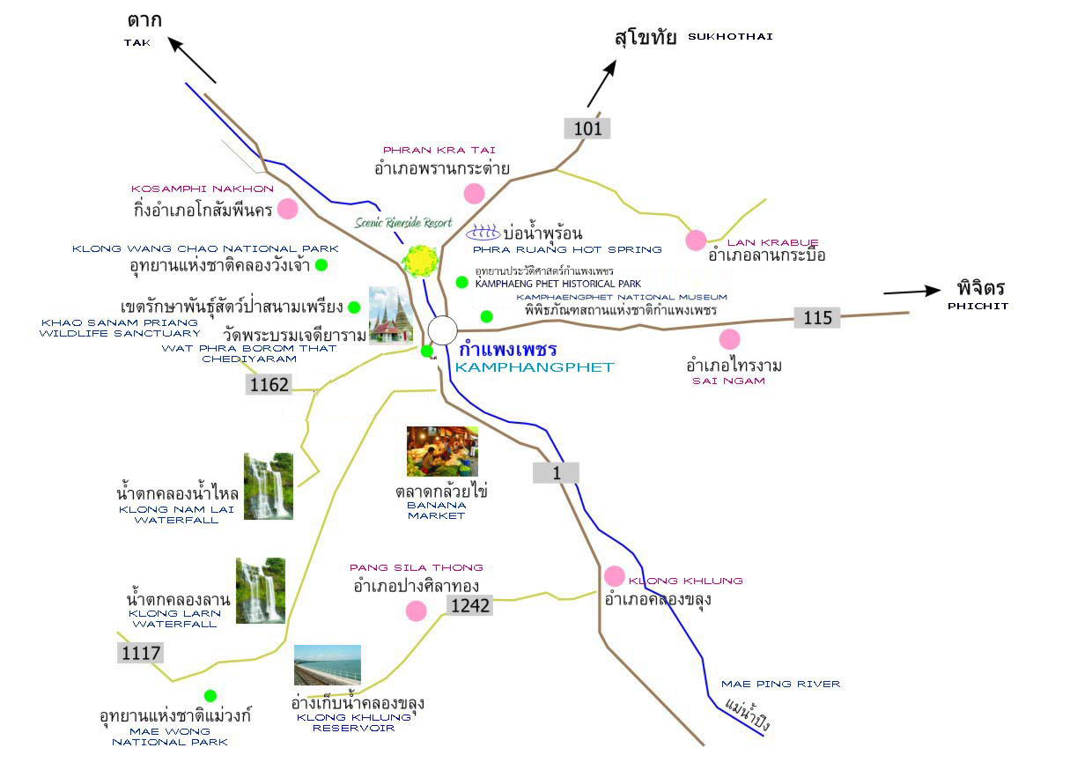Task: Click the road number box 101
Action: pyautogui.click(x=587, y=129)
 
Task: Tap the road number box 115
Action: pyautogui.click(x=817, y=317)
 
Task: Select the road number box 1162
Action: pyautogui.click(x=269, y=384)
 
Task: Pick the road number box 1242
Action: pyautogui.click(x=470, y=604)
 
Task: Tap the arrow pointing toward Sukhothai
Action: pyautogui.click(x=602, y=85)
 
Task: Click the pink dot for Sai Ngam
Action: pyautogui.click(x=729, y=339)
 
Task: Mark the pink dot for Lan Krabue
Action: pyautogui.click(x=696, y=240)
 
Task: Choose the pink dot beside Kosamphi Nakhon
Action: pyautogui.click(x=287, y=209)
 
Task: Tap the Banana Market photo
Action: pyautogui.click(x=442, y=451)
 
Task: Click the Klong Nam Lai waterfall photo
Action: pyautogui.click(x=268, y=486)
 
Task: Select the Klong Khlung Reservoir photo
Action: pyautogui.click(x=328, y=665)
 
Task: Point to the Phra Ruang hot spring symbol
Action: pyautogui.click(x=482, y=233)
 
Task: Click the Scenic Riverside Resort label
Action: pyautogui.click(x=403, y=223)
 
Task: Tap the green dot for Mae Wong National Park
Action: pyautogui.click(x=210, y=695)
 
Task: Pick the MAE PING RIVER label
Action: pyautogui.click(x=780, y=684)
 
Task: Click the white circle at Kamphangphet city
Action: pyautogui.click(x=443, y=330)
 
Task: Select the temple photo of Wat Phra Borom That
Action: pyautogui.click(x=390, y=315)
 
